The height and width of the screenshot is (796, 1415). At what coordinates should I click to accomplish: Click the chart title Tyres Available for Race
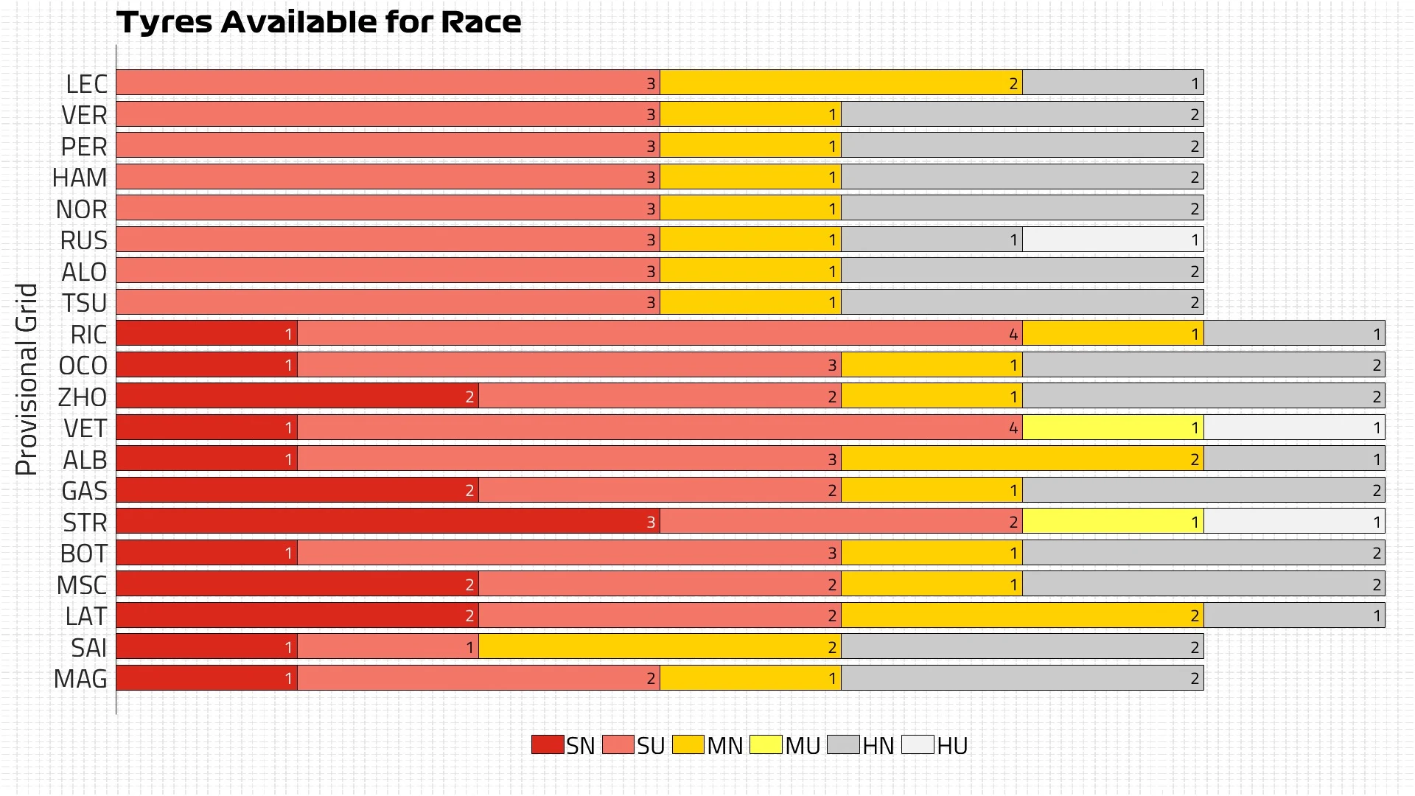point(318,22)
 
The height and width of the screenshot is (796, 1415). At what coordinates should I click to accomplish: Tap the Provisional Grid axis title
point(27,379)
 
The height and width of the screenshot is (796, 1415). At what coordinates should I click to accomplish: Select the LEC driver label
point(86,84)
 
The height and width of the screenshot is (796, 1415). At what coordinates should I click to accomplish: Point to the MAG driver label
point(80,679)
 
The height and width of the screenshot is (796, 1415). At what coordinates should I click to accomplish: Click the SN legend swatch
point(547,744)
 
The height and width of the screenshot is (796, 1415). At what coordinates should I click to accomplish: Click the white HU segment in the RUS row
point(1113,240)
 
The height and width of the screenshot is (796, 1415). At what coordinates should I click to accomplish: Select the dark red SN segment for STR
point(388,522)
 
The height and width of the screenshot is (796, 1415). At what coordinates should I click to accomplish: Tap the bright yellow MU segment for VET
point(1113,427)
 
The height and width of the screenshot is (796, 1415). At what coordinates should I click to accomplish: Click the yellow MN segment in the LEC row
point(841,83)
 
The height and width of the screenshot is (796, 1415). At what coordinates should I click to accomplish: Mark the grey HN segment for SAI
point(1022,647)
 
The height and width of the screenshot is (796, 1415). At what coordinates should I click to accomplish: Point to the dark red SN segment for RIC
point(206,334)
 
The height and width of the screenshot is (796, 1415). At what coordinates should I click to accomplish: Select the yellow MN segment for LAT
point(1022,615)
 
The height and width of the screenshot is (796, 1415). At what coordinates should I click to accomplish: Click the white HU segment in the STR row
point(1294,522)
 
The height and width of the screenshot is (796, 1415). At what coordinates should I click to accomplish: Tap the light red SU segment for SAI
point(388,647)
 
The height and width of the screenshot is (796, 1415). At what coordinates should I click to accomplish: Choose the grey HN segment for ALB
point(1294,459)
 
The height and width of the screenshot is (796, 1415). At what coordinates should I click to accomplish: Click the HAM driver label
point(80,178)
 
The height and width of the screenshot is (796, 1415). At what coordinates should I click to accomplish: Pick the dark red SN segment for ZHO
point(297,397)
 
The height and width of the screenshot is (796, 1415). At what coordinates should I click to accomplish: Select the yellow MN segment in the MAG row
point(750,678)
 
